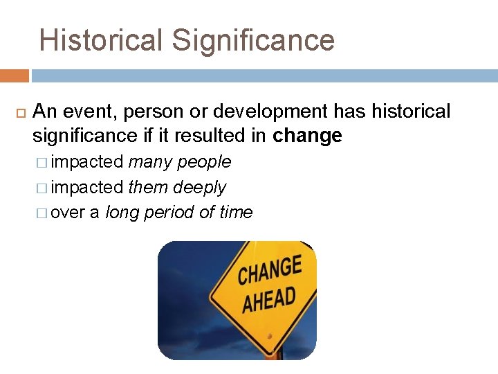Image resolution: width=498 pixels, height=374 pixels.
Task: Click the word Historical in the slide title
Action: pyautogui.click(x=101, y=41)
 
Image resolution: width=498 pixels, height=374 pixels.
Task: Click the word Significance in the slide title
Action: pyautogui.click(x=253, y=41)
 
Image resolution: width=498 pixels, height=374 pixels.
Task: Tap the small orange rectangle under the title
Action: pyautogui.click(x=14, y=75)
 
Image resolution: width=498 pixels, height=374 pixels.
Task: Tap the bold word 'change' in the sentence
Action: pyautogui.click(x=307, y=136)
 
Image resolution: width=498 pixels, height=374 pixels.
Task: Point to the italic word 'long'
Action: pyautogui.click(x=122, y=213)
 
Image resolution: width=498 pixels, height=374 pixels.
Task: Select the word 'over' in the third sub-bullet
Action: pyautogui.click(x=67, y=213)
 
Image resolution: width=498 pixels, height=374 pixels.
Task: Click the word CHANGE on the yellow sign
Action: pyautogui.click(x=270, y=270)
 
